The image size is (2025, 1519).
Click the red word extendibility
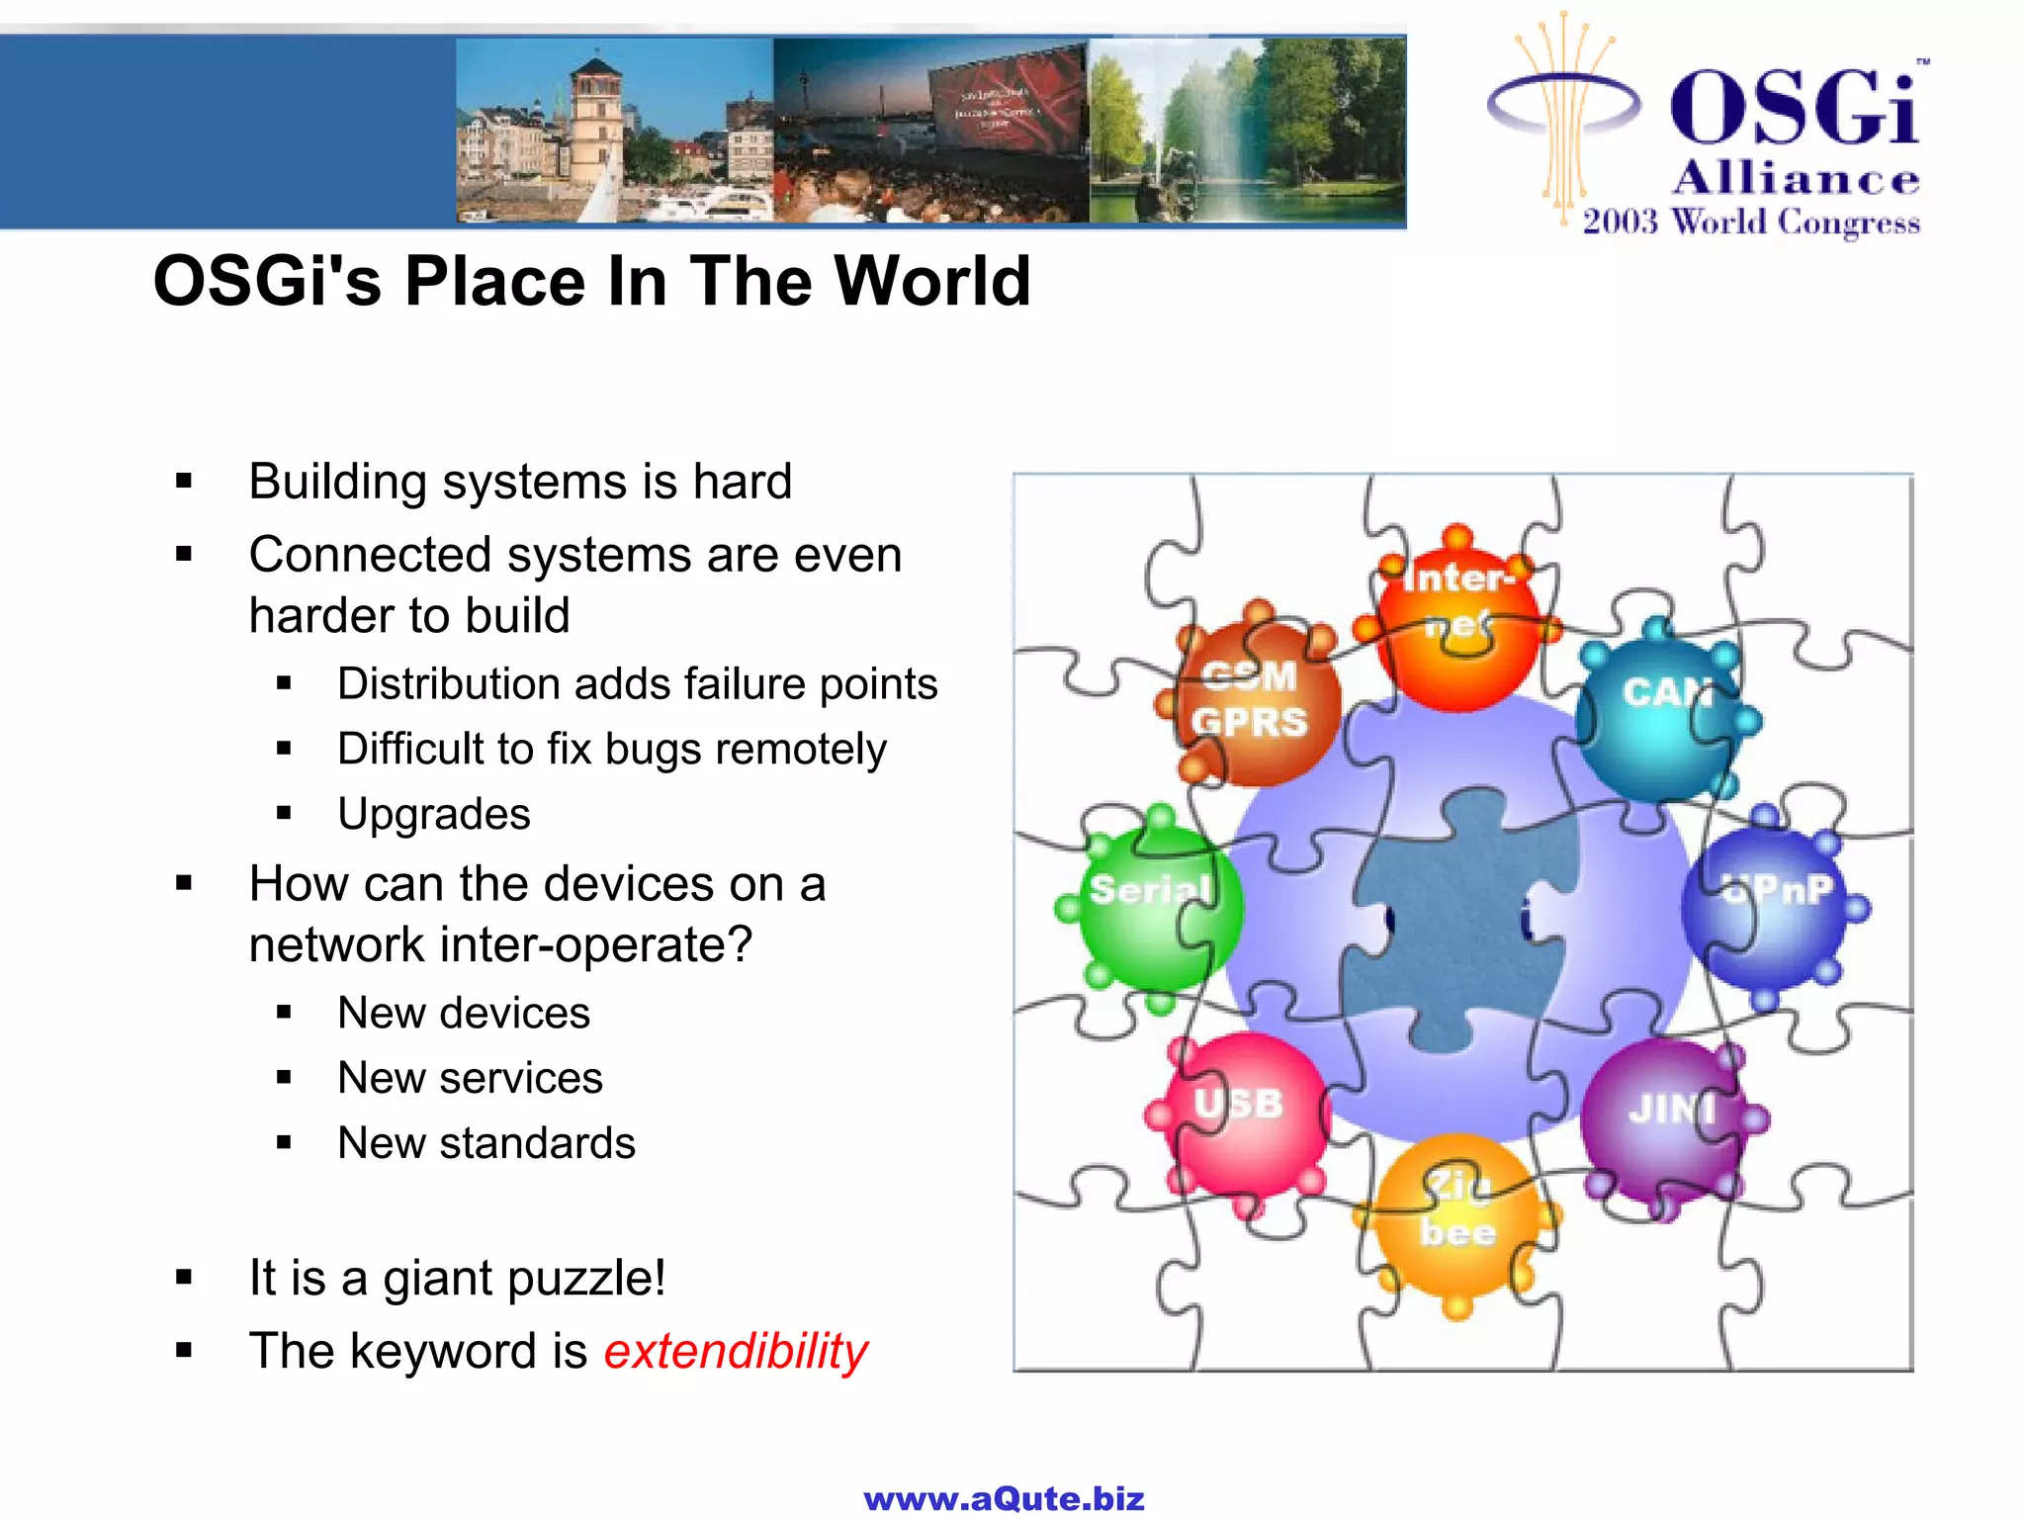[x=736, y=1351]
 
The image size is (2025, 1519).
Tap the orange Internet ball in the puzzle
[x=1457, y=623]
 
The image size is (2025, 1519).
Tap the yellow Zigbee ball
[x=1457, y=1216]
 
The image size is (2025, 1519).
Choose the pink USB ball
[x=1242, y=1113]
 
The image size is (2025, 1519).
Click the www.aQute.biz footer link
[x=1004, y=1499]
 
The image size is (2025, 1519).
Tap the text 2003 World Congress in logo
[x=1751, y=222]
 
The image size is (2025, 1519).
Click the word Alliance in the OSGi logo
[x=1796, y=179]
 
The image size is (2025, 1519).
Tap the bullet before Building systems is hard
[x=184, y=483]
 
